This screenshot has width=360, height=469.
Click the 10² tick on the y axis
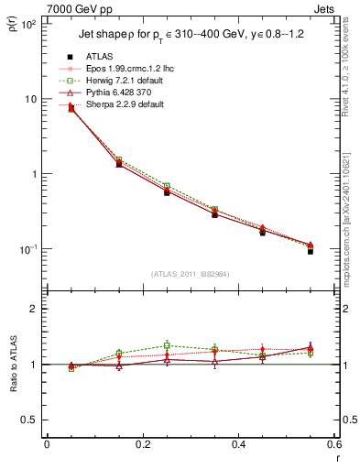point(28,25)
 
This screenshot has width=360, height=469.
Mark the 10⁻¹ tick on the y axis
point(28,249)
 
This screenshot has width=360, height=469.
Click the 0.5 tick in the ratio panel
point(30,420)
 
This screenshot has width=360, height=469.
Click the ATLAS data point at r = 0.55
point(311,250)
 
